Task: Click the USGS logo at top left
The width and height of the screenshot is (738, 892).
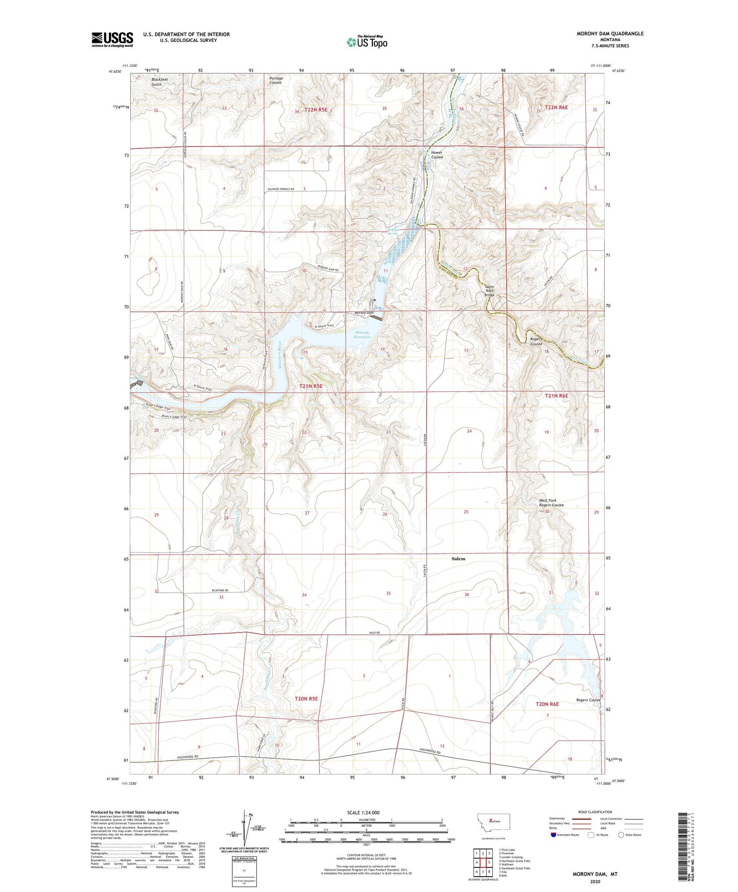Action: click(112, 39)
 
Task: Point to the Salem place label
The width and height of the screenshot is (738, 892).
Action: click(458, 559)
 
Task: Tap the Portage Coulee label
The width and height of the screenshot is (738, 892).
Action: click(276, 80)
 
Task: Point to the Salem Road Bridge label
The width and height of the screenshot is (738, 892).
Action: click(489, 291)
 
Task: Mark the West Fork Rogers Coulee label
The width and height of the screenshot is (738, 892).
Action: click(551, 503)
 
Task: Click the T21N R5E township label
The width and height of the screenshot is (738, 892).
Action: click(311, 386)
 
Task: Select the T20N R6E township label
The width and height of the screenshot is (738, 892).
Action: click(547, 704)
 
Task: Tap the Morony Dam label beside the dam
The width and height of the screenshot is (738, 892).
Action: click(363, 313)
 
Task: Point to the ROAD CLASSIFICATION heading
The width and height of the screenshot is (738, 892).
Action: click(594, 812)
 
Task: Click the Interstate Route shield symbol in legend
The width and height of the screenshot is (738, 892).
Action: click(554, 835)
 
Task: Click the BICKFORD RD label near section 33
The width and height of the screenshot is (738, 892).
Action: click(219, 590)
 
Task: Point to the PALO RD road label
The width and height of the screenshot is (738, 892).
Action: click(375, 632)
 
